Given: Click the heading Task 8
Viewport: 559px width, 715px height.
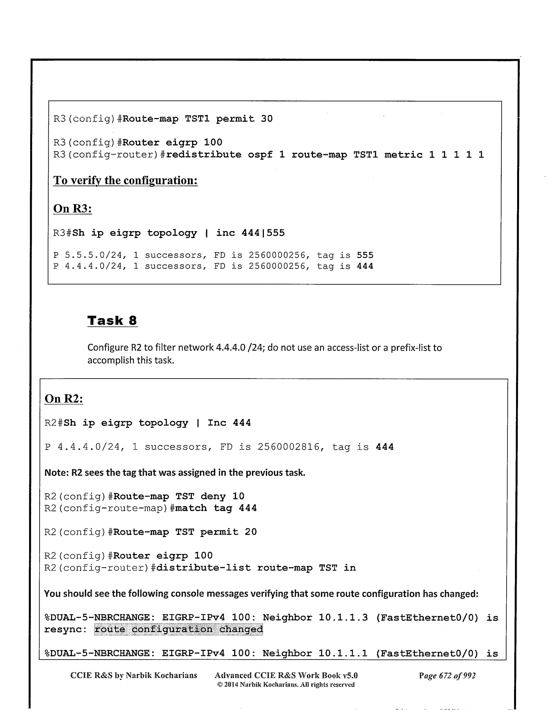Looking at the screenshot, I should point(112,321).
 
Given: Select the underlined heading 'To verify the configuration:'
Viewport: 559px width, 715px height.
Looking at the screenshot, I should point(126,180).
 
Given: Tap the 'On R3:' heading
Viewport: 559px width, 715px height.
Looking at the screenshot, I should point(72,208).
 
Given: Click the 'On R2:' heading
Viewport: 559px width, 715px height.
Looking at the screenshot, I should point(64,399).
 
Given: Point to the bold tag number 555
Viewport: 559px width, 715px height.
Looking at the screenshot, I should point(365,255).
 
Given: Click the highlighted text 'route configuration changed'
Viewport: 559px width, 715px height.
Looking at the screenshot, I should point(178,629).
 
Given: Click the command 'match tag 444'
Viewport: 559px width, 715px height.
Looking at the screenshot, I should point(216,508).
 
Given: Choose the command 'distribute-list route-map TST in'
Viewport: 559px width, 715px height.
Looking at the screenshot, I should point(256,568).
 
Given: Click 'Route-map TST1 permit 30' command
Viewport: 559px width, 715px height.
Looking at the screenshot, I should point(198,119).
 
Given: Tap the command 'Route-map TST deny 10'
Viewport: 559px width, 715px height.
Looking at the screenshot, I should point(179,496).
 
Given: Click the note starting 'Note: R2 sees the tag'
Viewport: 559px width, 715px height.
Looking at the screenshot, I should point(175,473).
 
